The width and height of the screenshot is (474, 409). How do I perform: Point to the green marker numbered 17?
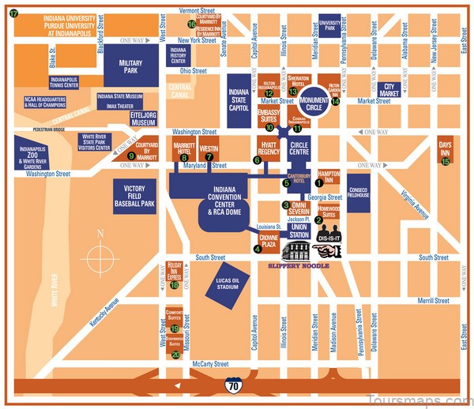13,14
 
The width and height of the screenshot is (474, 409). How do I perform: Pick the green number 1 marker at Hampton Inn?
318,182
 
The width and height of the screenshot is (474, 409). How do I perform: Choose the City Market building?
389,90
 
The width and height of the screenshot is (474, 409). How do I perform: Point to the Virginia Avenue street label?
416,203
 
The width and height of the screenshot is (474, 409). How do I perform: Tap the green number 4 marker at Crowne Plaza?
257,249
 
